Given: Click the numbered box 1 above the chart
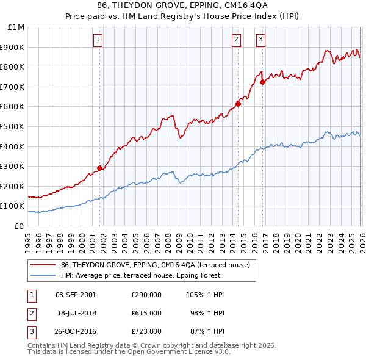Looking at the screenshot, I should click(x=98, y=40).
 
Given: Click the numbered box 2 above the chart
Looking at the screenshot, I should click(x=236, y=40).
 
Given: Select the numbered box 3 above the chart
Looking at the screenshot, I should click(x=260, y=40).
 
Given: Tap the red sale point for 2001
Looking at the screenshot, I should click(x=99, y=168).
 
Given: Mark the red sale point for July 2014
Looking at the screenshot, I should click(x=238, y=104).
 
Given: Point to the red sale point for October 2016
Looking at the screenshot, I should click(x=262, y=82).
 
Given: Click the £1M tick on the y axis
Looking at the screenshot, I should click(x=16, y=27).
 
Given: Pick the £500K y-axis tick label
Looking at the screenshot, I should click(x=13, y=126).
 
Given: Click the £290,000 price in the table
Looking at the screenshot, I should click(x=146, y=295).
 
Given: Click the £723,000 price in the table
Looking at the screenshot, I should click(x=146, y=331).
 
